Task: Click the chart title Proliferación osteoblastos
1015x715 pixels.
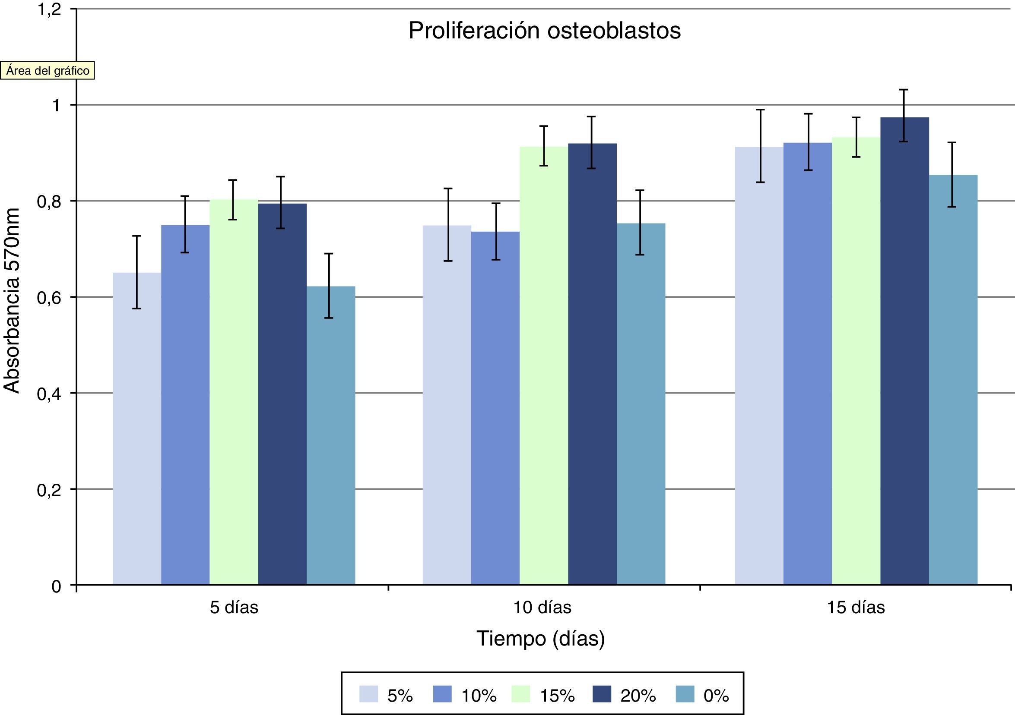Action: pyautogui.click(x=544, y=31)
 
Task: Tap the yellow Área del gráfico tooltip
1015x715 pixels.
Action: pyautogui.click(x=48, y=71)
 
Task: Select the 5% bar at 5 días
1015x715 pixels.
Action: pyautogui.click(x=136, y=428)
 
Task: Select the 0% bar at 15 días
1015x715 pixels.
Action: pyautogui.click(x=953, y=380)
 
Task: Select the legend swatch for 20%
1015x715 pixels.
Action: pyautogui.click(x=601, y=694)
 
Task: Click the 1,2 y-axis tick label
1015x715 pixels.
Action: pyautogui.click(x=49, y=10)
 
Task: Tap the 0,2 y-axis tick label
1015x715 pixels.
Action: pyautogui.click(x=49, y=490)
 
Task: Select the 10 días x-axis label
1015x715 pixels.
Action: pyautogui.click(x=542, y=608)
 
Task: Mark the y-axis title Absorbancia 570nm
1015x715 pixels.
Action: pyautogui.click(x=12, y=300)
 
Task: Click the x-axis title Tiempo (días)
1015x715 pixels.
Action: pyautogui.click(x=540, y=639)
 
